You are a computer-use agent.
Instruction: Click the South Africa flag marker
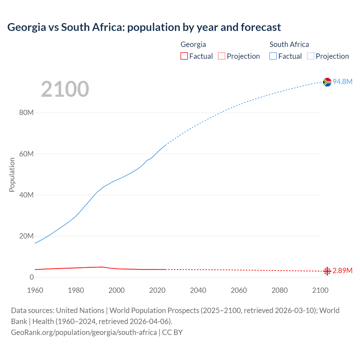click(x=327, y=82)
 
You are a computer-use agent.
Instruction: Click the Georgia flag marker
click(x=327, y=271)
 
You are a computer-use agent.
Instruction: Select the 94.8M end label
click(x=343, y=82)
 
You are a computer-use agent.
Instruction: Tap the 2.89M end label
click(x=343, y=271)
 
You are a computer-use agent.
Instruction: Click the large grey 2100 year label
click(x=65, y=89)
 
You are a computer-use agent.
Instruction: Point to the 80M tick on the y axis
click(x=26, y=113)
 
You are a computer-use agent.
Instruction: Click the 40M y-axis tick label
click(x=26, y=195)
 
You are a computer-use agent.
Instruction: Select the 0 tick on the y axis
click(x=31, y=277)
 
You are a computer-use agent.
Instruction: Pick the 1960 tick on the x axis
click(x=35, y=290)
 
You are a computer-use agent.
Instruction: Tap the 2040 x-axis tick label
click(x=198, y=290)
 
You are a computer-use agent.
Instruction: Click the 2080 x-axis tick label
click(x=280, y=290)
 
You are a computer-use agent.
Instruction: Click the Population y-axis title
click(x=12, y=175)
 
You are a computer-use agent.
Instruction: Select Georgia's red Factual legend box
click(x=184, y=56)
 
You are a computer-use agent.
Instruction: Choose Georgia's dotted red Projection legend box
click(x=222, y=56)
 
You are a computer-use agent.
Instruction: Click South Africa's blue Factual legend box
click(x=273, y=56)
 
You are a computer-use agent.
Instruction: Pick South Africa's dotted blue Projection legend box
click(x=310, y=56)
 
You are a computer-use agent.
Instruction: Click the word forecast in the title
click(x=261, y=27)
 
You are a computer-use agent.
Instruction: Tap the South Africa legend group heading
click(x=289, y=44)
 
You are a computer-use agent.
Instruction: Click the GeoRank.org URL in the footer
click(x=84, y=332)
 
